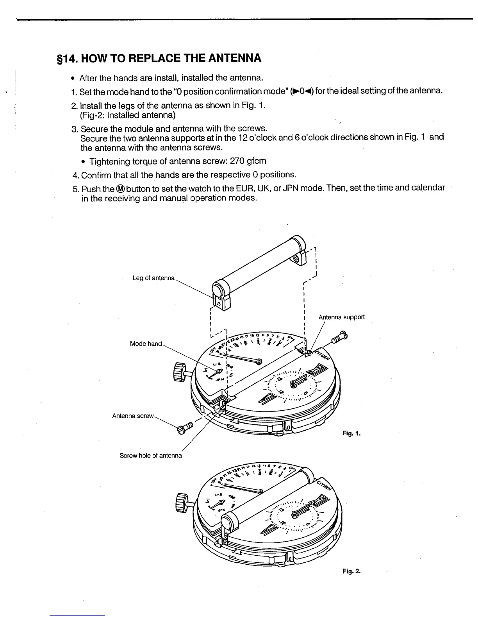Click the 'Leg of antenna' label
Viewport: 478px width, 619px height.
point(153,278)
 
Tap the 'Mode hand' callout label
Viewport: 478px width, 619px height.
point(146,344)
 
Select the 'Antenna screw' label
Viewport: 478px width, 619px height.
point(133,416)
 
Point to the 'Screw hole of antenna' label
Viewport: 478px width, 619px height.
point(151,456)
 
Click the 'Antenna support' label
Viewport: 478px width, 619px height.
point(342,317)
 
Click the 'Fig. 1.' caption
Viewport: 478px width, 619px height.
point(351,433)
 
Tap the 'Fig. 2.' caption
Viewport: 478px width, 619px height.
point(351,571)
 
